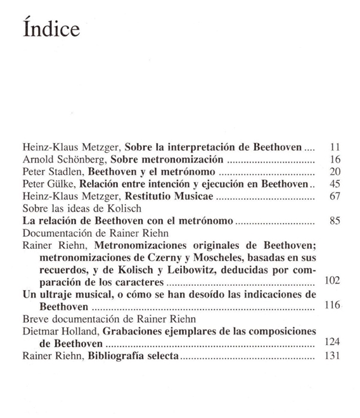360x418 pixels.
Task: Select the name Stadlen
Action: coord(65,172)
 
